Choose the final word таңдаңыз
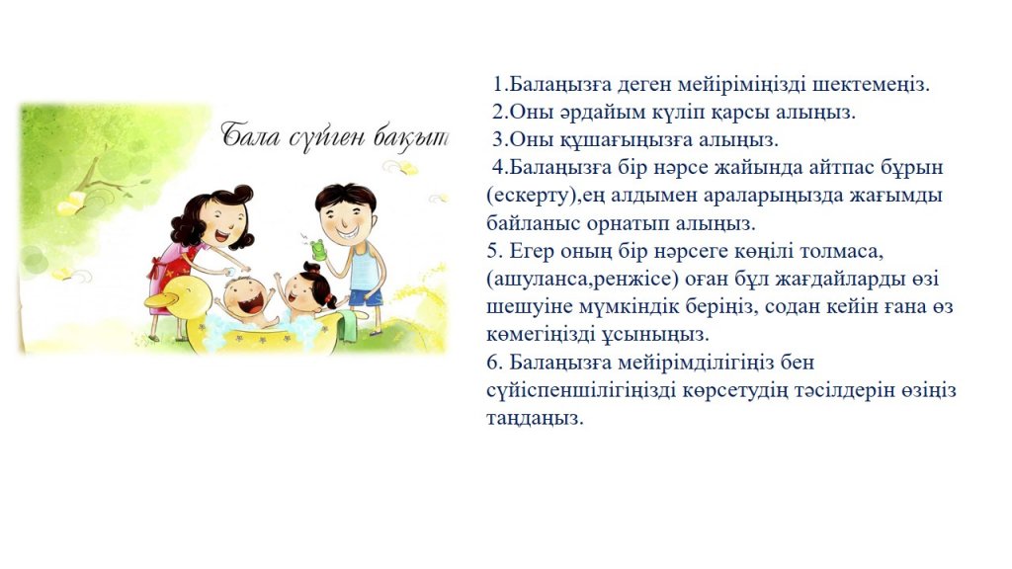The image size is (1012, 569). (535, 419)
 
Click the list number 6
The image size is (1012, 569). (494, 362)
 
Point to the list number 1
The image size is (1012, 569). (498, 85)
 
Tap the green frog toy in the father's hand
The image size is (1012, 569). (317, 249)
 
